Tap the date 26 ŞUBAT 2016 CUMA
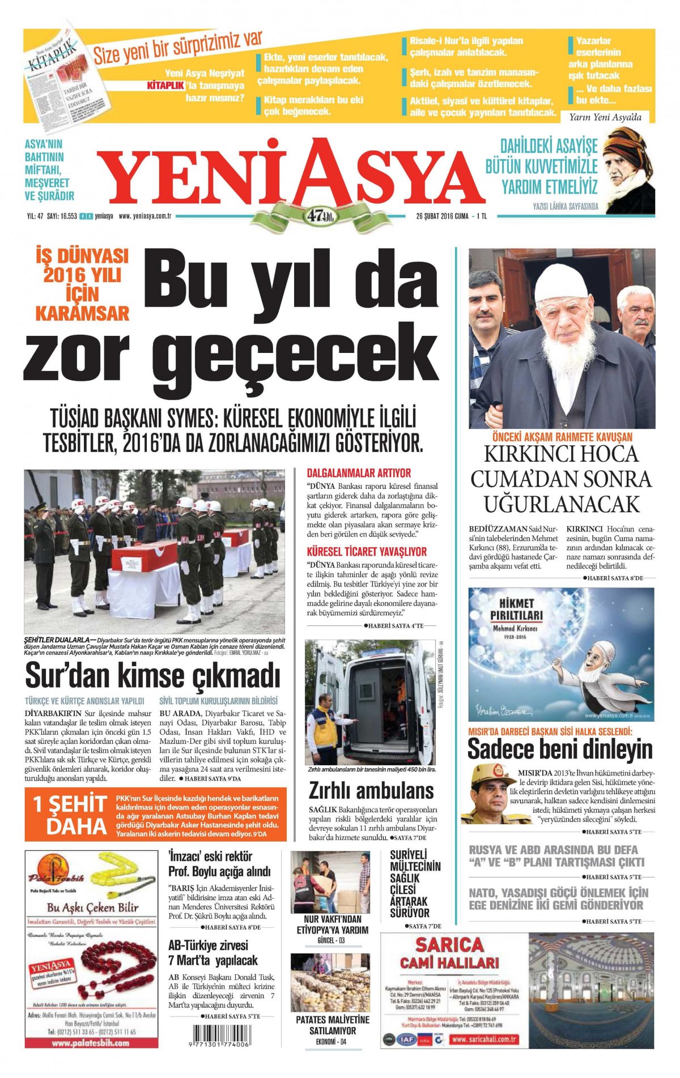pyautogui.click(x=442, y=216)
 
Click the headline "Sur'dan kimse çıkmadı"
pyautogui.click(x=153, y=675)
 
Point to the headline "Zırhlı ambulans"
pyautogui.click(x=371, y=790)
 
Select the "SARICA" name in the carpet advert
pyautogui.click(x=449, y=945)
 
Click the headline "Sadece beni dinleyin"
pyautogui.click(x=560, y=749)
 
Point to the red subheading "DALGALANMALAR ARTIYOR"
pyautogui.click(x=359, y=473)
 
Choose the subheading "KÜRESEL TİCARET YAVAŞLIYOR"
pyautogui.click(x=367, y=551)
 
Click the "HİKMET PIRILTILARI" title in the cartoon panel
pyautogui.click(x=516, y=610)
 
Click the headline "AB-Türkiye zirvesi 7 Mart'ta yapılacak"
pyautogui.click(x=213, y=953)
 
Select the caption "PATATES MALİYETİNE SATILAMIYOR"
pyautogui.click(x=333, y=1025)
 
